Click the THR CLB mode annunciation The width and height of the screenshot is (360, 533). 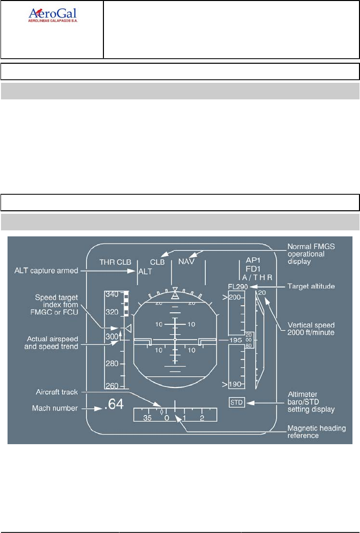pyautogui.click(x=114, y=261)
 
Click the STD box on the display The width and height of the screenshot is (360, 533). pyautogui.click(x=236, y=402)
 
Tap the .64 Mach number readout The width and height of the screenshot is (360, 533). pyautogui.click(x=112, y=405)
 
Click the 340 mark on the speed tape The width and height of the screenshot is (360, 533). pyautogui.click(x=112, y=294)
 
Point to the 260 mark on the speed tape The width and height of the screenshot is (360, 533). pyautogui.click(x=112, y=385)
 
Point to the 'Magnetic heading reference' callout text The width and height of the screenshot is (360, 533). pyautogui.click(x=311, y=432)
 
